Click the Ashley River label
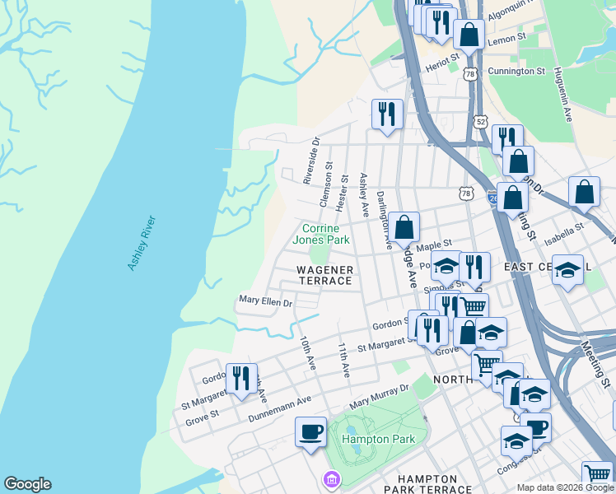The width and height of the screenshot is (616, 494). click(x=141, y=243)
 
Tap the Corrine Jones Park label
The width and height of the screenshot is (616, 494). click(x=326, y=234)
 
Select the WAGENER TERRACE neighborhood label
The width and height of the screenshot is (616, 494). click(x=324, y=275)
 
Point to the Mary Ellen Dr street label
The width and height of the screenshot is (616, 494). click(x=265, y=302)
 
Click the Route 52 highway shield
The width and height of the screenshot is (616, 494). click(x=481, y=121)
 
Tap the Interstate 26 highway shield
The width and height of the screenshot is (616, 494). click(x=492, y=198)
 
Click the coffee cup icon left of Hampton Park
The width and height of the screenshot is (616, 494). click(x=310, y=431)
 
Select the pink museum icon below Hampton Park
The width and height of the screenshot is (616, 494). click(x=331, y=478)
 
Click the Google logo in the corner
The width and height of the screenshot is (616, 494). click(x=27, y=484)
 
